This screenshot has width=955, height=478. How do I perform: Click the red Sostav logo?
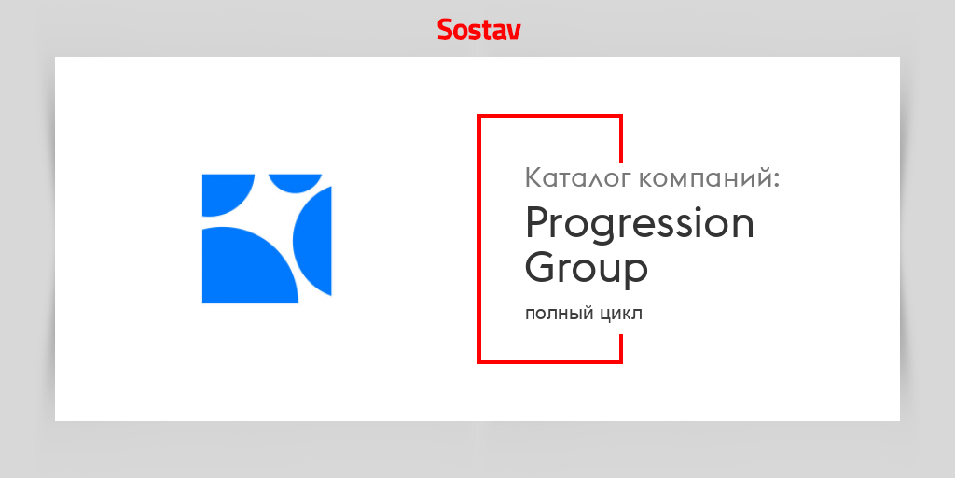tap(478, 30)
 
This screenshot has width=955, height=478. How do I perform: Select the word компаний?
tap(709, 178)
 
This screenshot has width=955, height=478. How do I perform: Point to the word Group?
tap(586, 269)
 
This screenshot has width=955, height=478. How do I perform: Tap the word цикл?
tap(618, 315)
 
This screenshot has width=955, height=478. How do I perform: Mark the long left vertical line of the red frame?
tap(479, 238)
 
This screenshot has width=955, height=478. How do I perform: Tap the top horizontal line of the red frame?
tap(550, 116)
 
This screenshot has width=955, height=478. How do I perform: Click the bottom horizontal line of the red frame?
tap(550, 360)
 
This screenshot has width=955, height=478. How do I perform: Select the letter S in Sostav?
tap(446, 30)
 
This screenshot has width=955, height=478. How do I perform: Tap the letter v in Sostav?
tap(513, 32)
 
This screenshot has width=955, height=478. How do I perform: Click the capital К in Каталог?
tap(534, 177)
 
